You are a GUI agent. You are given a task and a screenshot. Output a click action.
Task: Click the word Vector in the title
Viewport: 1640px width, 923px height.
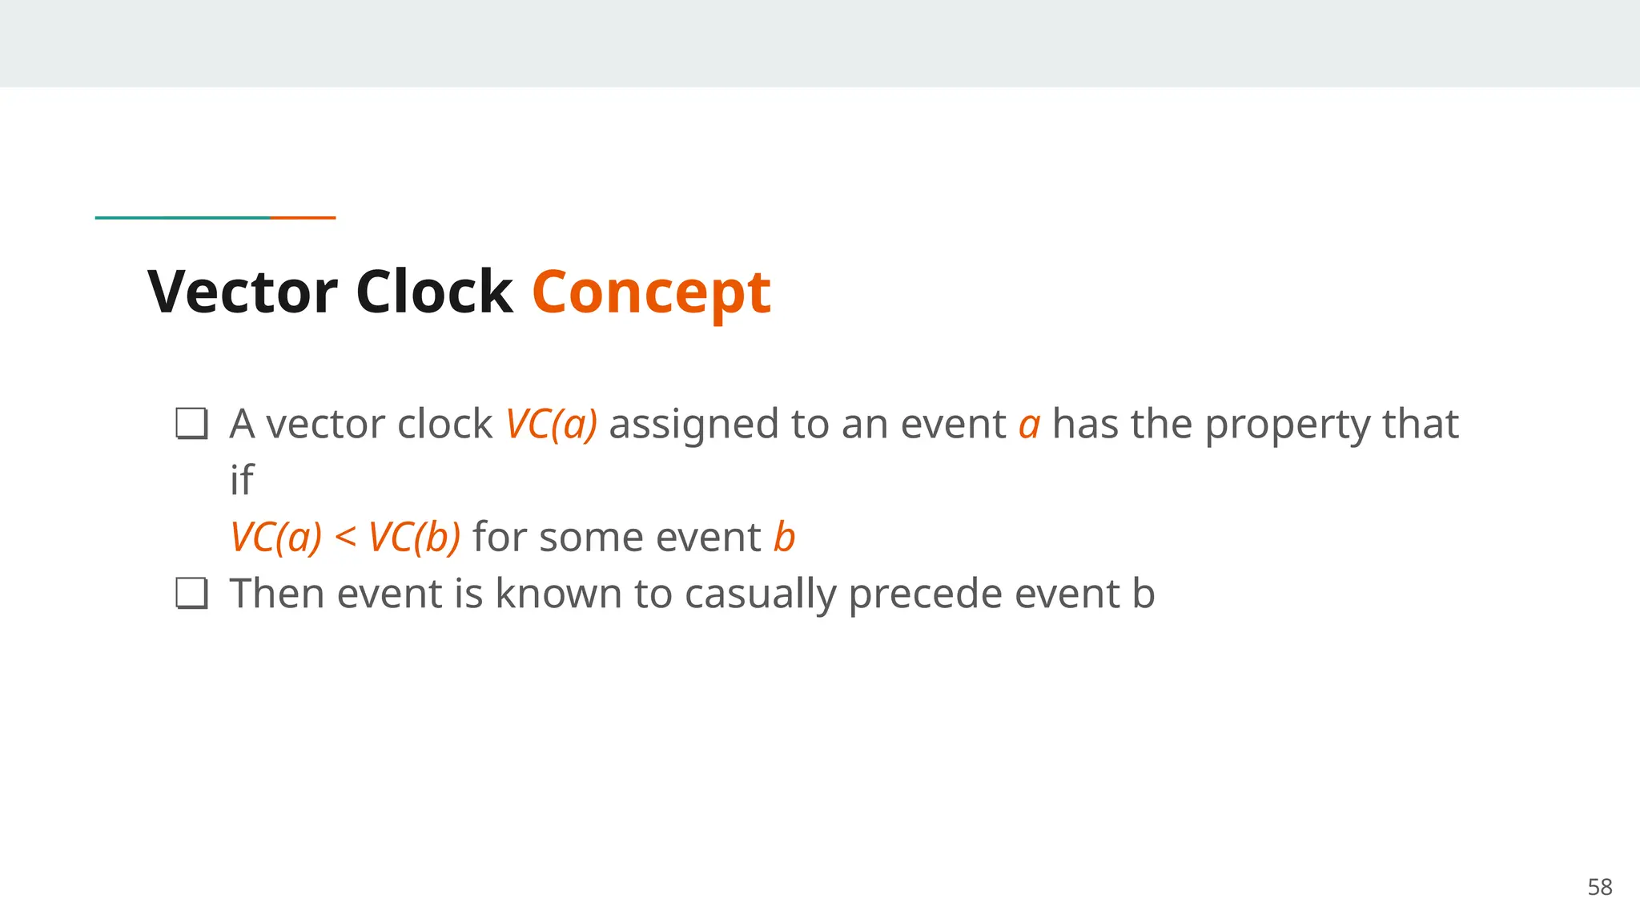(242, 292)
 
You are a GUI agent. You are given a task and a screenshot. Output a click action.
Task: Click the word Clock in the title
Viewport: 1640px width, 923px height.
(433, 292)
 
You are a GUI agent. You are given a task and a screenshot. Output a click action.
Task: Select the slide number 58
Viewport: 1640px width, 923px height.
(1599, 887)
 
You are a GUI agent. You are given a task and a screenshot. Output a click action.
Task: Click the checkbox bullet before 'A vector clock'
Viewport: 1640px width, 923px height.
(191, 424)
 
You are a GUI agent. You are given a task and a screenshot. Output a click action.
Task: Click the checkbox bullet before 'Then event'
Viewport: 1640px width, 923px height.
(191, 594)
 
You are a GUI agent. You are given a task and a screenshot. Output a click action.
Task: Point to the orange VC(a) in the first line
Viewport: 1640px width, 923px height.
(551, 424)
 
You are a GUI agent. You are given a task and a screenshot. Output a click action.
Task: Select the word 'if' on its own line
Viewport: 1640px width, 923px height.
(241, 480)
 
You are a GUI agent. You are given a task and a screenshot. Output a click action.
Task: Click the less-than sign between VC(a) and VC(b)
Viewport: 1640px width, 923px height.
(345, 537)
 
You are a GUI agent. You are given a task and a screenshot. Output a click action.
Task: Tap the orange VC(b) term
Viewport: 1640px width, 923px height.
(414, 537)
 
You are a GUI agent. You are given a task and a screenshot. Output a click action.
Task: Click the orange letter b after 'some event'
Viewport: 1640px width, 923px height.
(784, 537)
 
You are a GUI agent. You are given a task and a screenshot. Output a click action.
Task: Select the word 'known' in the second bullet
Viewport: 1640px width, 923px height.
(558, 594)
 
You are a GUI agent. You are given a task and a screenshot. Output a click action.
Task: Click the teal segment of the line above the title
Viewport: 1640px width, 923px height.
(183, 217)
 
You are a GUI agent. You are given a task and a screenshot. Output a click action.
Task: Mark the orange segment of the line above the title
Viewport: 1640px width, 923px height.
(303, 217)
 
